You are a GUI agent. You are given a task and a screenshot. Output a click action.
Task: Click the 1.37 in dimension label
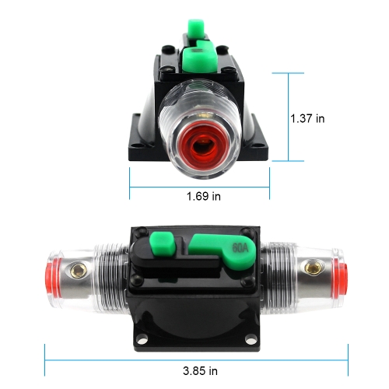coord(307,118)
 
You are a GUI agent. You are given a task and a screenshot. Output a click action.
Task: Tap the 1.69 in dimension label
coord(204,196)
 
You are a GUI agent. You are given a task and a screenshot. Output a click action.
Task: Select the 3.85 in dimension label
coord(200,371)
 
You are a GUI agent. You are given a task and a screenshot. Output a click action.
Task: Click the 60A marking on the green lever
coord(240,248)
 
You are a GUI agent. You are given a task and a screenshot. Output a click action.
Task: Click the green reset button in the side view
coord(163,244)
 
